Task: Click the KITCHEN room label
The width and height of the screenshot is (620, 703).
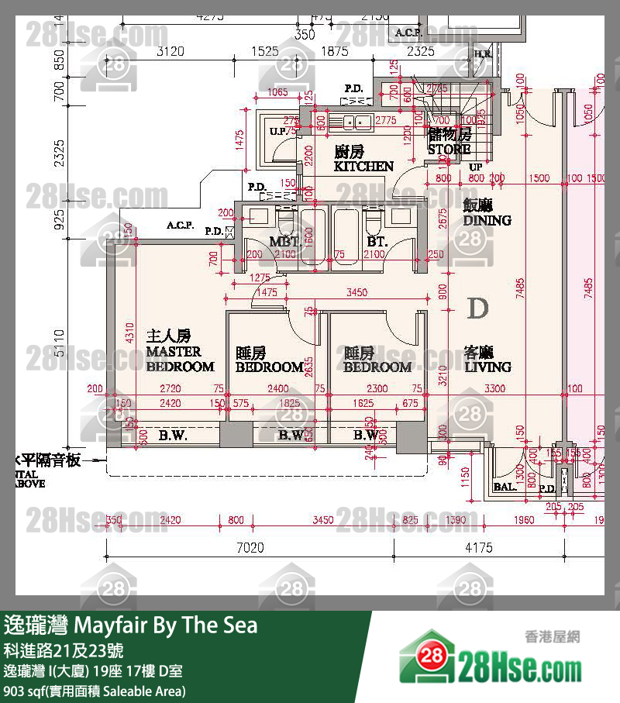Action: coord(363,159)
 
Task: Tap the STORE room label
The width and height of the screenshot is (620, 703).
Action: coord(449,142)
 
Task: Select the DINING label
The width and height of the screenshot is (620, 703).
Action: coord(487,212)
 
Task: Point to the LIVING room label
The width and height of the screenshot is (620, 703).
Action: coord(487,359)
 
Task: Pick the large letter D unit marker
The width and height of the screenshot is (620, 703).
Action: coord(478,308)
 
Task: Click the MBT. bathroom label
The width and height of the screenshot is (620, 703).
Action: coord(284,242)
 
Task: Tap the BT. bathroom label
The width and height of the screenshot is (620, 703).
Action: coord(377,242)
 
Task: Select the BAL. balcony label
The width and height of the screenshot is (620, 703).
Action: coord(504,488)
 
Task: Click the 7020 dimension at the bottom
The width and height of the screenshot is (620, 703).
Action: coord(250,548)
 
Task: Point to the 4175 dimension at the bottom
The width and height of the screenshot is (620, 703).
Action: coord(478,548)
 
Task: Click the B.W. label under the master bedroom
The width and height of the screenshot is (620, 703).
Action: coord(173,436)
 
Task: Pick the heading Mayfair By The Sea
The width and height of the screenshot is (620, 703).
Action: coord(131,625)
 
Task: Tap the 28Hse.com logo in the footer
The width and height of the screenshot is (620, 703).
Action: coord(490,661)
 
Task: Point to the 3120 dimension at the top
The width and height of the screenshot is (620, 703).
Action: coord(171,52)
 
